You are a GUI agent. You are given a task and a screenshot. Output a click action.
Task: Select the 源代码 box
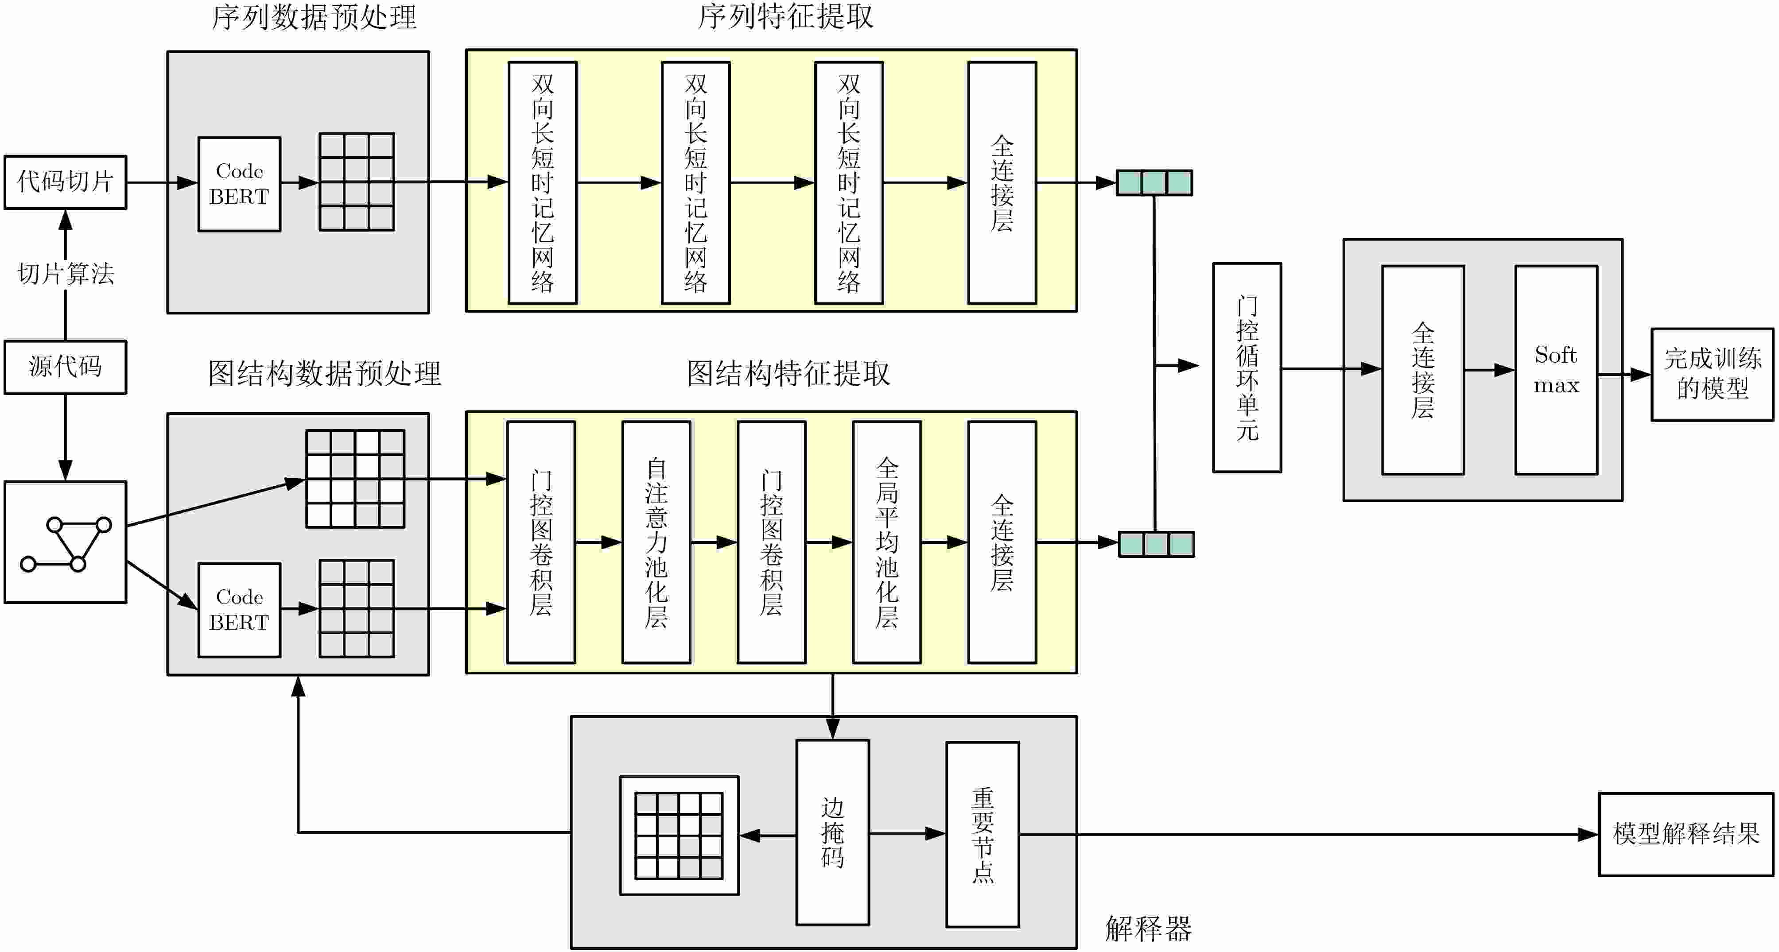(x=65, y=367)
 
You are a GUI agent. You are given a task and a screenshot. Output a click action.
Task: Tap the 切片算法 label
(x=66, y=274)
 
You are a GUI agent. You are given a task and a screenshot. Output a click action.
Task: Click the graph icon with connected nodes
(x=65, y=542)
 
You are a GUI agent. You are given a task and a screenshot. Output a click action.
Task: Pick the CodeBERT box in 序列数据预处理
(x=239, y=184)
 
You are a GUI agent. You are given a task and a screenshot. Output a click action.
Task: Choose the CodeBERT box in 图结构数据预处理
(x=239, y=610)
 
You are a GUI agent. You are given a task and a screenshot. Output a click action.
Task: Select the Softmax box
(x=1555, y=370)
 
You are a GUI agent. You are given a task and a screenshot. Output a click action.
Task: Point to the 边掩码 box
(x=832, y=832)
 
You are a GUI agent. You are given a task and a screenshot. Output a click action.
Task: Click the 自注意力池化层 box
(x=656, y=542)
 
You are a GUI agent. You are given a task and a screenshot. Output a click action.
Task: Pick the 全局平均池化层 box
(x=887, y=542)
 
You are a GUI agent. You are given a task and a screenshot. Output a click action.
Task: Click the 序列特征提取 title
(x=785, y=16)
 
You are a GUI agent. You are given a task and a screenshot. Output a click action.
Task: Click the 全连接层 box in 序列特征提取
(x=1002, y=183)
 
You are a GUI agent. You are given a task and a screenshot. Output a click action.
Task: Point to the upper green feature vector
(x=1154, y=183)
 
